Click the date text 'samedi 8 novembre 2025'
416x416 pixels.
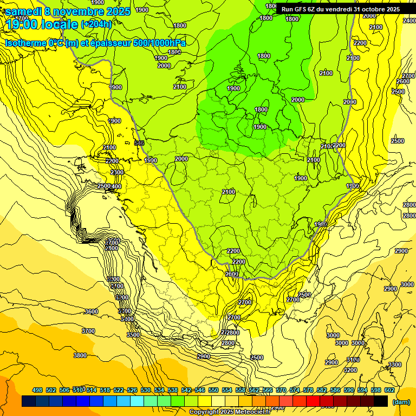(68, 11)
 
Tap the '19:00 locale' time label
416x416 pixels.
(42, 24)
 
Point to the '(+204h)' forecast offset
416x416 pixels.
(96, 24)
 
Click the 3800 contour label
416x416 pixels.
(80, 355)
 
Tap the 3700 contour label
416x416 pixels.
(88, 331)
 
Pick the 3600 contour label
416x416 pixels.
(92, 311)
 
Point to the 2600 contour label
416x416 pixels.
(403, 81)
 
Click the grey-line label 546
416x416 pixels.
(139, 143)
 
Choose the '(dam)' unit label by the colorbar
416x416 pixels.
(401, 402)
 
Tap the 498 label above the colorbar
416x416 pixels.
(37, 390)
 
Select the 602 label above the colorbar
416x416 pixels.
(389, 390)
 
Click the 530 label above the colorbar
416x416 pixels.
(146, 390)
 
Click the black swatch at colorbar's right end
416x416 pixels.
(381, 401)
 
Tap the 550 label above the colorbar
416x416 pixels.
(213, 390)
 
